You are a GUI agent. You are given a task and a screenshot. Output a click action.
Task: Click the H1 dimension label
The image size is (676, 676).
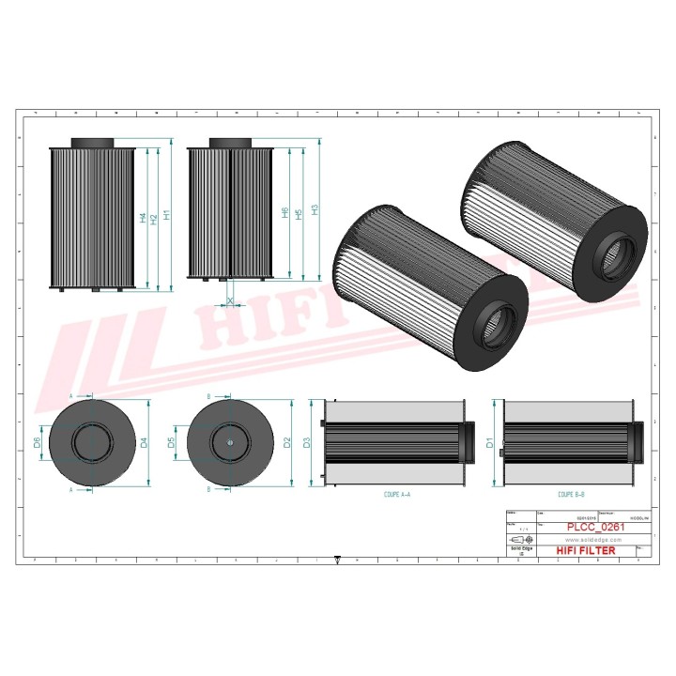[x=167, y=215]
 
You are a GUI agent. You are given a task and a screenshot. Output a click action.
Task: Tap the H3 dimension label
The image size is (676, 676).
[x=315, y=210]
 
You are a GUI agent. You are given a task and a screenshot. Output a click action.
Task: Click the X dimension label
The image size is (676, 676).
[x=230, y=301]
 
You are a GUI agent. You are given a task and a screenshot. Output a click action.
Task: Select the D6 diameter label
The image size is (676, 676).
[x=38, y=442]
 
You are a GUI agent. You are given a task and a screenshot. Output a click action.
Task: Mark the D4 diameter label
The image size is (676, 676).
[x=144, y=442]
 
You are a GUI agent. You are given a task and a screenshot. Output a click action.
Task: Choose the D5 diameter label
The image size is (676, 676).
[x=173, y=442]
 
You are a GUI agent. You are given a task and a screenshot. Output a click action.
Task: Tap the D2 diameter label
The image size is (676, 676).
[x=286, y=442]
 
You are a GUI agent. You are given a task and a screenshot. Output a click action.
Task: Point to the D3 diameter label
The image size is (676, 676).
[x=307, y=442]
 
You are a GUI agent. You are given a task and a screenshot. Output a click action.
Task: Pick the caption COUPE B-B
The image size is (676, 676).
[x=571, y=493]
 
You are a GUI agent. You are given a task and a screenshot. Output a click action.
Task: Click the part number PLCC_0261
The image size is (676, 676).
[x=595, y=528]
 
